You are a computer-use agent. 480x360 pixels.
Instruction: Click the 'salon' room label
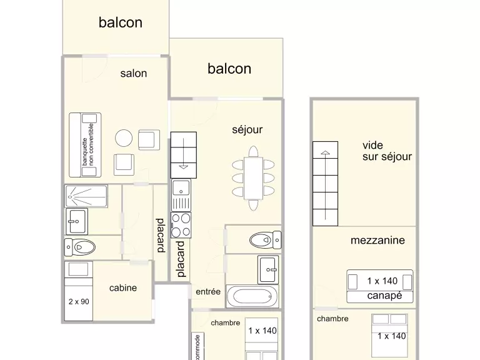click(x=134, y=74)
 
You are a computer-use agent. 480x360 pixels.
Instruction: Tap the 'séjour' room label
click(x=247, y=129)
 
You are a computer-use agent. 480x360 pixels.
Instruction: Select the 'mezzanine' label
click(x=377, y=240)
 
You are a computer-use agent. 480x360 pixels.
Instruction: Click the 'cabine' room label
click(x=122, y=287)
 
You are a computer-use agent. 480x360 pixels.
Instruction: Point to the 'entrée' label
click(x=208, y=291)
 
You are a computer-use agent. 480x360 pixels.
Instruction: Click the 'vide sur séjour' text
click(x=387, y=151)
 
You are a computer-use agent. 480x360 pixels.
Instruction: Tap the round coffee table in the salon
click(x=124, y=138)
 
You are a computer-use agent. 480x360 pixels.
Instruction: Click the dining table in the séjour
click(x=253, y=178)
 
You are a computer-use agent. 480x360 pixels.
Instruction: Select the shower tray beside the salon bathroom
click(x=86, y=196)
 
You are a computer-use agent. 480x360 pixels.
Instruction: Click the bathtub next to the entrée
click(x=252, y=296)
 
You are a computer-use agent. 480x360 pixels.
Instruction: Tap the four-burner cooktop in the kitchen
click(x=181, y=225)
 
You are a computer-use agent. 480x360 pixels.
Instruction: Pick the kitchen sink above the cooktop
click(x=181, y=195)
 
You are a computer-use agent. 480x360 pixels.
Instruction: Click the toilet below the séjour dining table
click(x=266, y=240)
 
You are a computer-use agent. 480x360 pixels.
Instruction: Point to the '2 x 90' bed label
click(x=79, y=301)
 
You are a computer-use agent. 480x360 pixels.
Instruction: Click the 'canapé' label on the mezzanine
click(x=384, y=296)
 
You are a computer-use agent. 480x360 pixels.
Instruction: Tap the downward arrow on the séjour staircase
click(x=183, y=154)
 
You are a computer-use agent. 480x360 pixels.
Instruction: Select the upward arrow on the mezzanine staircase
click(x=325, y=185)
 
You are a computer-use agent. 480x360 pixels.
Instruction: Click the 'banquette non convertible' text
click(x=88, y=144)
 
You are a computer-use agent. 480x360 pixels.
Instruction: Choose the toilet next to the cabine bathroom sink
click(x=80, y=247)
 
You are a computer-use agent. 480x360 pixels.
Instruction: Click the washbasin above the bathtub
click(x=268, y=270)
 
